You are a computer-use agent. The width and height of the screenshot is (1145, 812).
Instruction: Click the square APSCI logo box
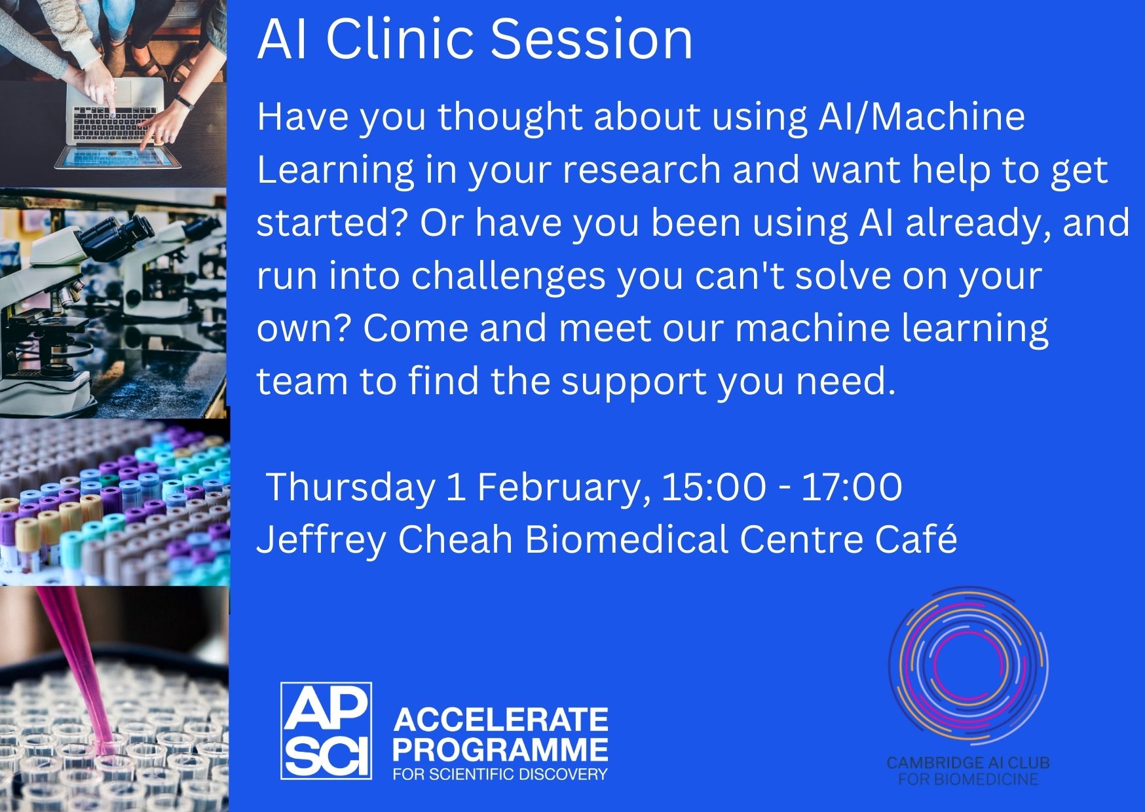point(326,731)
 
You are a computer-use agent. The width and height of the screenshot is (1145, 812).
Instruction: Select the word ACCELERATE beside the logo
point(500,720)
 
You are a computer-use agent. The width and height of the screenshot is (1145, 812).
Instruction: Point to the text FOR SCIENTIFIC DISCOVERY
point(500,774)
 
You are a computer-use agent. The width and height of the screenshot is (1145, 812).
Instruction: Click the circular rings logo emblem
point(967,667)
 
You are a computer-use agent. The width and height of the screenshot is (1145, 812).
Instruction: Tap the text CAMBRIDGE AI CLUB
point(967,763)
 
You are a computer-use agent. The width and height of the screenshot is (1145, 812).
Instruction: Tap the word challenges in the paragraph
point(508,277)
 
